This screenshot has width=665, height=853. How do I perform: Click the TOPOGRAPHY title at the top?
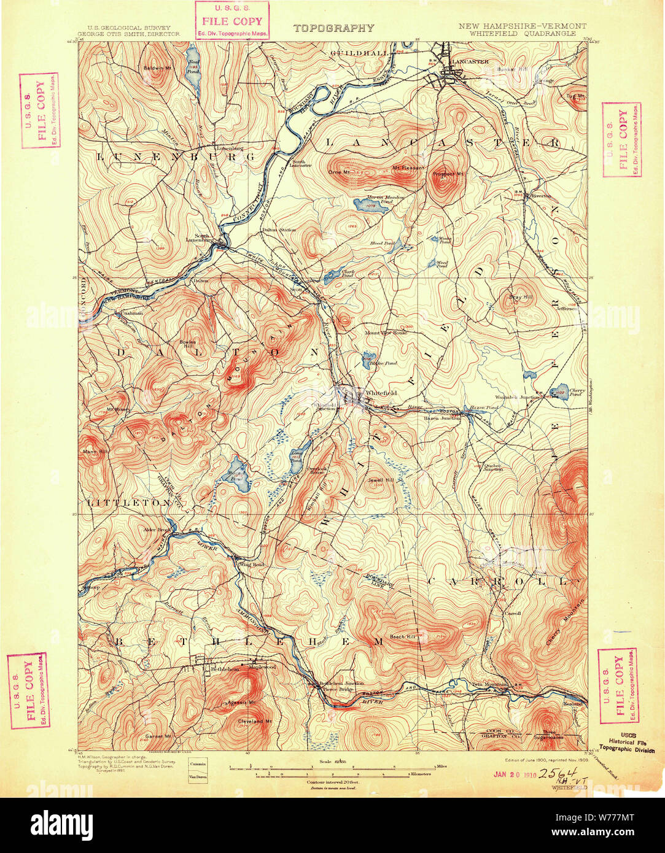pyautogui.click(x=333, y=28)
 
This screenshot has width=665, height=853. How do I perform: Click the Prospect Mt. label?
pyautogui.click(x=446, y=174)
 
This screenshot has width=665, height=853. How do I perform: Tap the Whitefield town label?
pyautogui.click(x=381, y=393)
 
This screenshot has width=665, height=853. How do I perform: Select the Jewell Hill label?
pyautogui.click(x=380, y=480)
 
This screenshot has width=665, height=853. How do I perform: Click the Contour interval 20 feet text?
pyautogui.click(x=332, y=783)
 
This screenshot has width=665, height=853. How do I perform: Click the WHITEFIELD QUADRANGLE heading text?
pyautogui.click(x=522, y=34)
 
